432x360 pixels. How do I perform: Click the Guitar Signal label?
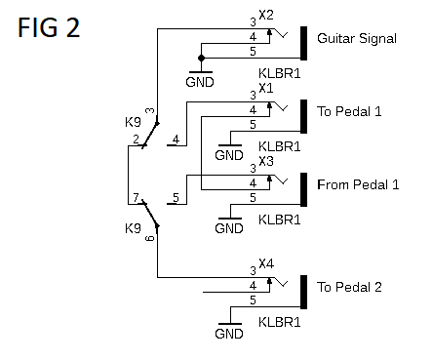pos(357,39)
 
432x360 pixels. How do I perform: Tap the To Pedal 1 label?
pos(347,110)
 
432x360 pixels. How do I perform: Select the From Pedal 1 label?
pos(358,184)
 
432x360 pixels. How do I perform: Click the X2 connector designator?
pos(266,15)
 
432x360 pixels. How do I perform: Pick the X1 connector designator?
pos(266,87)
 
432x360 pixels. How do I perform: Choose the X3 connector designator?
pos(266,160)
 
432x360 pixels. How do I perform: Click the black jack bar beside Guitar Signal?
pos(305,42)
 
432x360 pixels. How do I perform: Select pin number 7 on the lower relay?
pos(135,198)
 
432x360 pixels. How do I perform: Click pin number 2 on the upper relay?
pos(135,140)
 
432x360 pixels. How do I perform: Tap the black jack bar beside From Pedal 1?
pos(305,188)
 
